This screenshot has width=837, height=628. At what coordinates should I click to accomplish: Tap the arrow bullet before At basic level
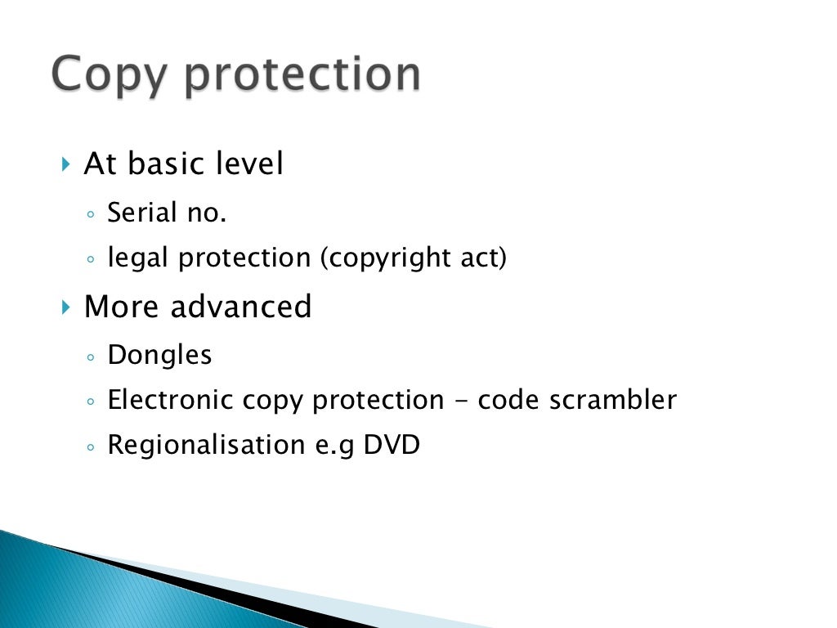[x=66, y=164]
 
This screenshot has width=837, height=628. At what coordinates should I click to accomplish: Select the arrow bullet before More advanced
[x=66, y=307]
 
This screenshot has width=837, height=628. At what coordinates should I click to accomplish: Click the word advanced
[x=241, y=307]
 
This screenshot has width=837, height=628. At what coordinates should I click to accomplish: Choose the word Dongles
[x=160, y=356]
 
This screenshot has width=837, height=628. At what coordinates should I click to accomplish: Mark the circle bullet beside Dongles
[x=90, y=357]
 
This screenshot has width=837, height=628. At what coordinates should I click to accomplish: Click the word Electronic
[x=172, y=400]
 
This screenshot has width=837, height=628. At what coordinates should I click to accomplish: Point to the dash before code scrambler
[x=460, y=401]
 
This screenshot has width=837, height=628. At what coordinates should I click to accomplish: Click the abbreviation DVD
[x=392, y=445]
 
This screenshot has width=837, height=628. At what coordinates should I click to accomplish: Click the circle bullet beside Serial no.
[x=90, y=215]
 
